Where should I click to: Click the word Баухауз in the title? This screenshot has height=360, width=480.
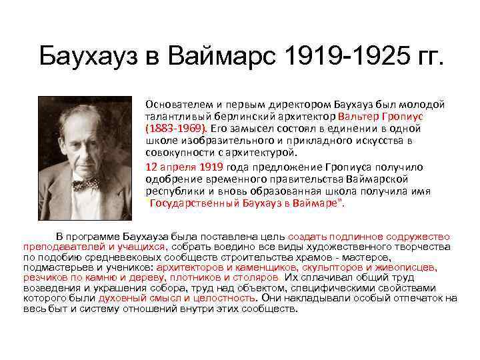(x=85, y=58)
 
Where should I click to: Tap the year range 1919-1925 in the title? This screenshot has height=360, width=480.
(x=342, y=58)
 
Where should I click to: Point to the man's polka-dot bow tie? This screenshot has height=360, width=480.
(x=85, y=182)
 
